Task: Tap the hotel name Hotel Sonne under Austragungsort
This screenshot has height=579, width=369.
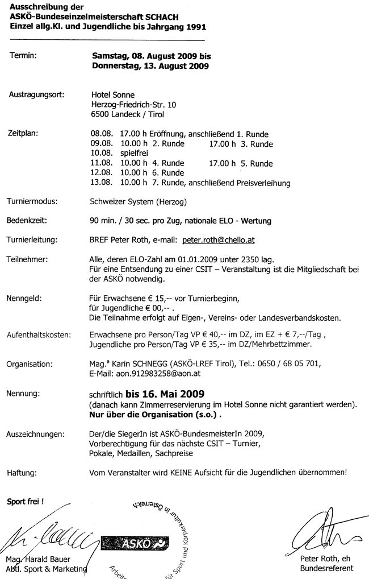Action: click(112, 94)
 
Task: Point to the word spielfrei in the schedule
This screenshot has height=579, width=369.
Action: click(137, 154)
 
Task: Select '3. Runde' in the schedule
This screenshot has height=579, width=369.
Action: click(255, 144)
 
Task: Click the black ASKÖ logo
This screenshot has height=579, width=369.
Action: click(133, 544)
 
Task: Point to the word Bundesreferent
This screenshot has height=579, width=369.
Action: click(326, 568)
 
